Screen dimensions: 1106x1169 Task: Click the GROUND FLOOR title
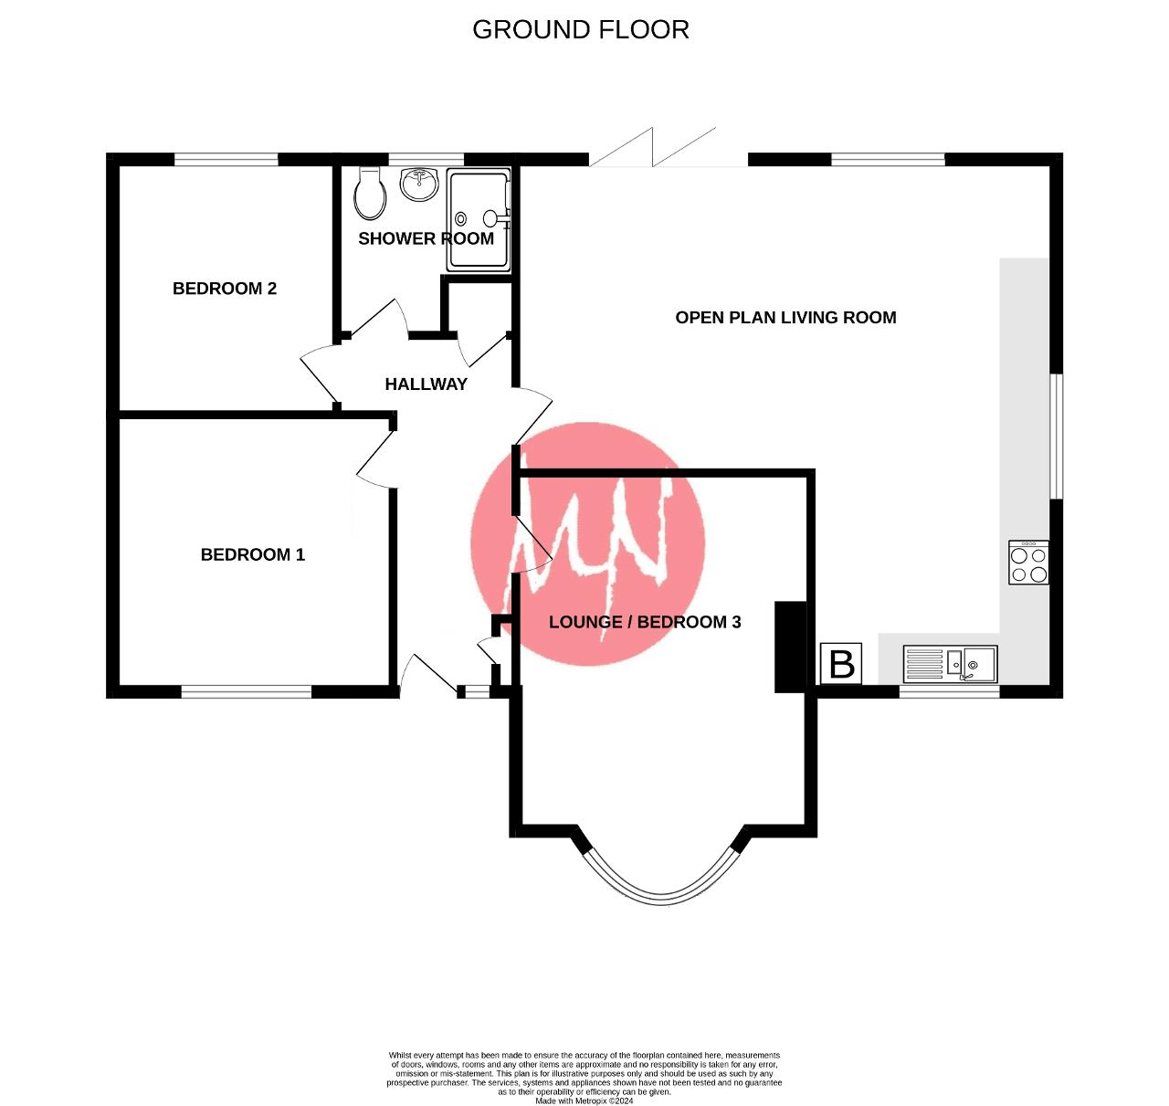point(580,29)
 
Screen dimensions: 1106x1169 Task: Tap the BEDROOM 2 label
point(225,289)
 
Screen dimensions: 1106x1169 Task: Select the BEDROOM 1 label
point(253,554)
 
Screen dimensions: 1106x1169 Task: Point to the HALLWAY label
point(426,384)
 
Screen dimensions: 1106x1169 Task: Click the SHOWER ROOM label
point(426,238)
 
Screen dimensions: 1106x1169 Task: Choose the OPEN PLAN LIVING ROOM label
point(785,318)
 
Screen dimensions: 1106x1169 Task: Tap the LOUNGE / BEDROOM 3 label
point(645,622)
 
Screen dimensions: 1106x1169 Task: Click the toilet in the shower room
point(370,193)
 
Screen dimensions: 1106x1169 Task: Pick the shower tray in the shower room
point(478,221)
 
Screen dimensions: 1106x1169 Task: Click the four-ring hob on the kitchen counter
point(1028,563)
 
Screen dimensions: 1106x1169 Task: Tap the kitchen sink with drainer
point(950,664)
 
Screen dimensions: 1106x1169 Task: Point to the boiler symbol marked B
point(841,664)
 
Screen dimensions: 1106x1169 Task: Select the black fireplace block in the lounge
point(790,647)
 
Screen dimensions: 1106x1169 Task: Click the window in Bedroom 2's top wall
point(226,160)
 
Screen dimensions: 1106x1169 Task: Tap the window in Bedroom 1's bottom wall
point(247,691)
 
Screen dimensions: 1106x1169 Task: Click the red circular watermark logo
point(588,543)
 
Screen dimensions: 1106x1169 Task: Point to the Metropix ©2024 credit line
point(584,1101)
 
